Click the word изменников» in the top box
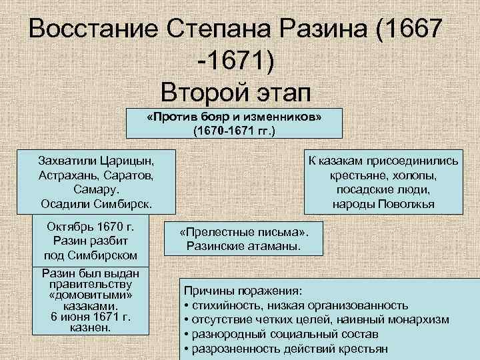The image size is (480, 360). [284, 117]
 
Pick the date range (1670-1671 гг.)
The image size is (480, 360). [234, 130]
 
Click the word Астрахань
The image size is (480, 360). [70, 175]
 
